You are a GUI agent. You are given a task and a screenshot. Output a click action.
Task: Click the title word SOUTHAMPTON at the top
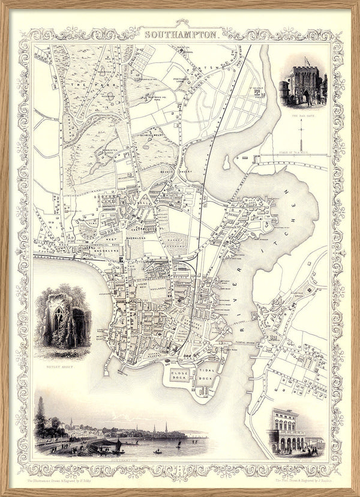coord(181,35)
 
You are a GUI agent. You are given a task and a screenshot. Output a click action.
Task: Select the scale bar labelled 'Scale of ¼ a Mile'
coord(294,158)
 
